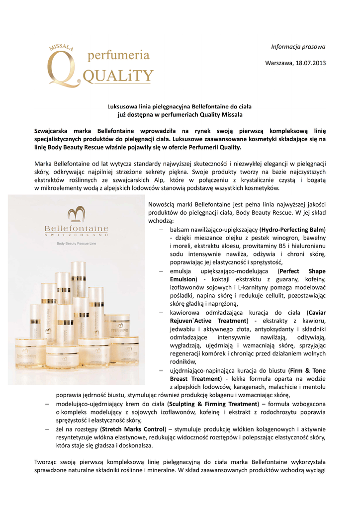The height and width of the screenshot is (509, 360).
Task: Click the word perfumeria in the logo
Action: (x=118, y=55)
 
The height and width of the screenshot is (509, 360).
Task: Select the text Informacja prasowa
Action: (x=298, y=47)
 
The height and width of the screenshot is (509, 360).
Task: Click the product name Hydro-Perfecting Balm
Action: (x=292, y=230)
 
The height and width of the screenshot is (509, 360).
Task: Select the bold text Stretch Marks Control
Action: (x=133, y=428)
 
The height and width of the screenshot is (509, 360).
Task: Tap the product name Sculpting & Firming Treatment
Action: (x=212, y=404)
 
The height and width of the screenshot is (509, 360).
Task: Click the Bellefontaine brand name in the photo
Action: (x=77, y=228)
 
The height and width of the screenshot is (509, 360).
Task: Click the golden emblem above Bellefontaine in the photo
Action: (x=77, y=215)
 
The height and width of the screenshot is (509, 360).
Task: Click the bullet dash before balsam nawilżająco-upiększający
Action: (x=161, y=230)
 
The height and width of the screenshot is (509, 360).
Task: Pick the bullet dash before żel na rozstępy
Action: (x=46, y=428)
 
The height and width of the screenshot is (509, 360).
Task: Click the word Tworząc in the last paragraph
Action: (x=46, y=461)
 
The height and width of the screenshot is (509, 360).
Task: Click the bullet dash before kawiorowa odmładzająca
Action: (x=161, y=313)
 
